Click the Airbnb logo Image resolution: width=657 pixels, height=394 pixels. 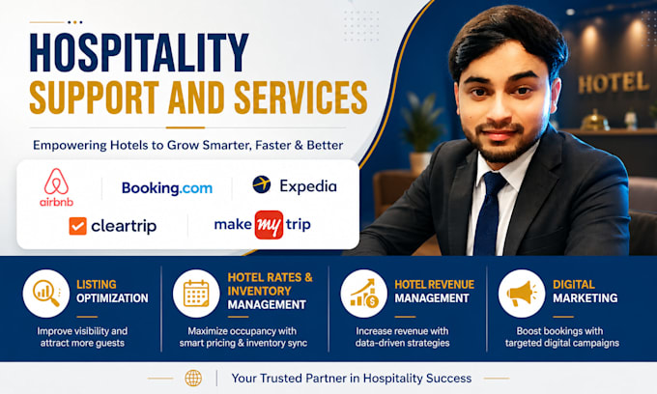pyautogui.click(x=57, y=187)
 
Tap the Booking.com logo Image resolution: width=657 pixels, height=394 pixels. pyautogui.click(x=167, y=188)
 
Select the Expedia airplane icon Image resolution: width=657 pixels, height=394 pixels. pyautogui.click(x=262, y=184)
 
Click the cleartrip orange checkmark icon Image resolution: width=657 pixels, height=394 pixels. pyautogui.click(x=77, y=226)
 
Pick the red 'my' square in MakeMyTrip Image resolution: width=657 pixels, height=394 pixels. pyautogui.click(x=269, y=225)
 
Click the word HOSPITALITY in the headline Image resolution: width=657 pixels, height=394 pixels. pyautogui.click(x=139, y=52)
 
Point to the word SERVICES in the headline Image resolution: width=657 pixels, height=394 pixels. pyautogui.click(x=300, y=98)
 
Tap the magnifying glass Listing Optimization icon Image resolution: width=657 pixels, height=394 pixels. pyautogui.click(x=46, y=294)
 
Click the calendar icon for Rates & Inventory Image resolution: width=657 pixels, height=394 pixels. pyautogui.click(x=196, y=294)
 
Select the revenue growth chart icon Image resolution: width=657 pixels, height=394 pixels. pyautogui.click(x=363, y=294)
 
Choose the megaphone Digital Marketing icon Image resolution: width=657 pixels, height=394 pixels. pyautogui.click(x=522, y=294)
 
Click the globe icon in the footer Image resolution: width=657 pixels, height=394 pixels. pyautogui.click(x=193, y=379)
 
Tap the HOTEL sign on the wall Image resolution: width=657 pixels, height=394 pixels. pyautogui.click(x=613, y=82)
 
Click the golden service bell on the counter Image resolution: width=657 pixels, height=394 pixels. pyautogui.click(x=595, y=120)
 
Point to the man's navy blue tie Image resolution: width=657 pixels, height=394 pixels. pyautogui.click(x=490, y=213)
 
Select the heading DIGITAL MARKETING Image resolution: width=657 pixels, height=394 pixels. pyautogui.click(x=585, y=292)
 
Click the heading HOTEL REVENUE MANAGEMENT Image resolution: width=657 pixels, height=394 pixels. pyautogui.click(x=434, y=292)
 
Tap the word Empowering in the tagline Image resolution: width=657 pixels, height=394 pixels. pyautogui.click(x=70, y=146)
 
